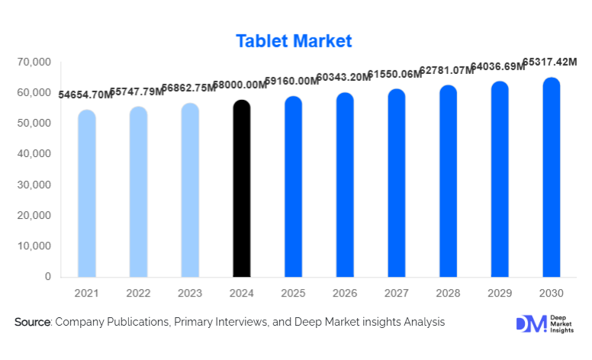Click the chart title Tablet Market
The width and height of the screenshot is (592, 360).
[x=294, y=40]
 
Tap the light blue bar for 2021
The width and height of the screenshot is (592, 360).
[x=87, y=194]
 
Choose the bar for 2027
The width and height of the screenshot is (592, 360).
[x=397, y=183]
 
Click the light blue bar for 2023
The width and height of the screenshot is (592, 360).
[x=190, y=190]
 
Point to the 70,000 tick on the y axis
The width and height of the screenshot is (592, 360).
[x=34, y=61]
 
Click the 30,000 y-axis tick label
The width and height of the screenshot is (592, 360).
[x=34, y=185]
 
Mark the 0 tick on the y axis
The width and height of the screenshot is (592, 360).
[x=47, y=277]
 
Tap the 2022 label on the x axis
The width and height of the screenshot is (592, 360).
[x=139, y=294]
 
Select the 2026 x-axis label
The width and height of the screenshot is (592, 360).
[x=345, y=294]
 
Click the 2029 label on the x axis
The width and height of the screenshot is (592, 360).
[x=500, y=294]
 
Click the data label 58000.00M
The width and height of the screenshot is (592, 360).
[x=239, y=85]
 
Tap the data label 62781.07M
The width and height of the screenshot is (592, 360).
[x=445, y=71]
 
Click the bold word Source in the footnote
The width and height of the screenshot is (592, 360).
[x=32, y=323]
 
